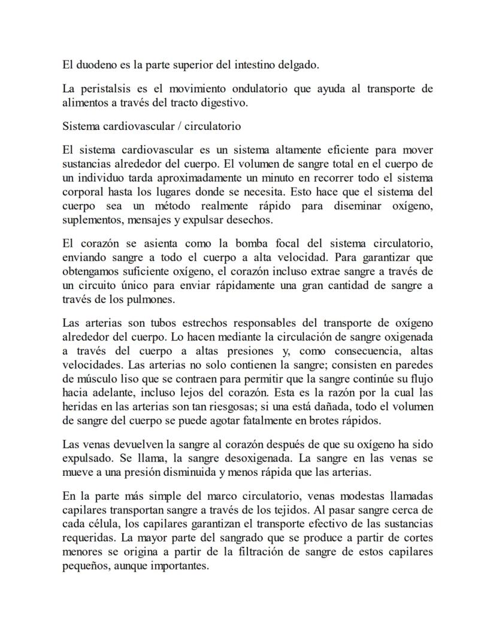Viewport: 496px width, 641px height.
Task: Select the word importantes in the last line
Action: (x=180, y=566)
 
